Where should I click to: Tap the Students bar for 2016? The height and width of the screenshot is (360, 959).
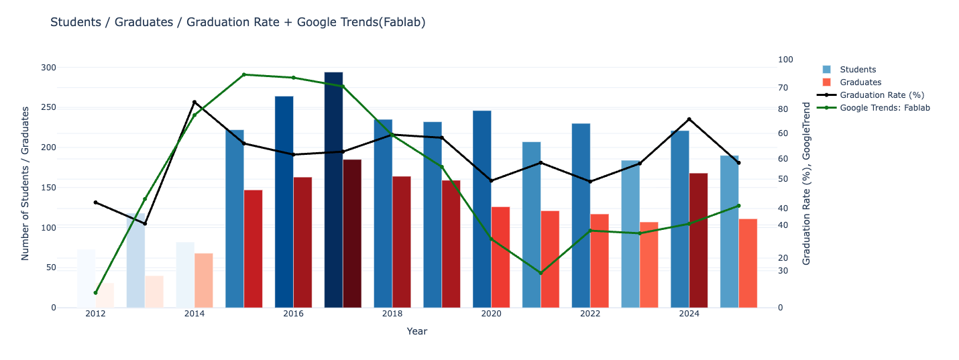[x=284, y=202]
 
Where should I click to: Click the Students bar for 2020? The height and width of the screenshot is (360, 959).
[x=482, y=209]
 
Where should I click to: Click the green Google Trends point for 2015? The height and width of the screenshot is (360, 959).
[x=244, y=74]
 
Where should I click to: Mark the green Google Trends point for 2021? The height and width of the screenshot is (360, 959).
[x=541, y=273]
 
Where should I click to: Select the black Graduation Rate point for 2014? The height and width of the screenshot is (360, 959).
[x=194, y=102]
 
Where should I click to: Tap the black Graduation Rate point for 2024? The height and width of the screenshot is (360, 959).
[x=689, y=119]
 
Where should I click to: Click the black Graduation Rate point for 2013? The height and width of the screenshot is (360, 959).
[x=145, y=223]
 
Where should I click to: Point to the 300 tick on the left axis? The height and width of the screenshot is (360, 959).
[x=48, y=68]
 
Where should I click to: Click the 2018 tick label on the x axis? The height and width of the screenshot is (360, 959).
[x=392, y=314]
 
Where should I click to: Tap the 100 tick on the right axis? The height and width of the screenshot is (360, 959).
[x=785, y=60]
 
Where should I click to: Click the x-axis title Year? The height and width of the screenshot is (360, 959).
[x=416, y=331]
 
